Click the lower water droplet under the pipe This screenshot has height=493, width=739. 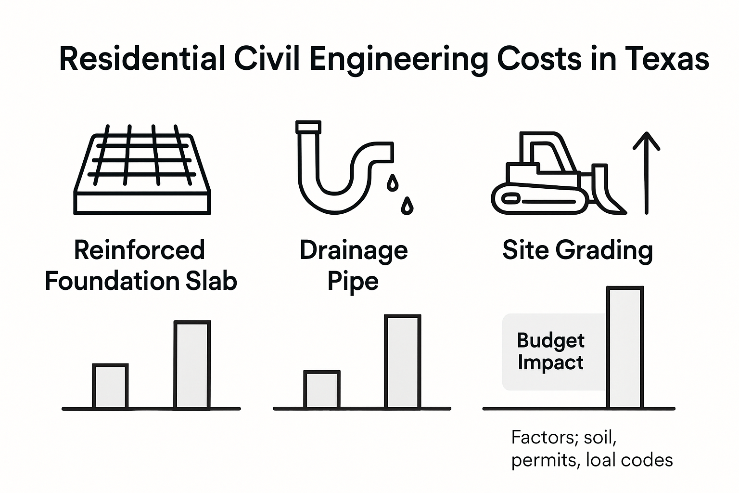[408, 206]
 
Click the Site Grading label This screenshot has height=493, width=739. [577, 250]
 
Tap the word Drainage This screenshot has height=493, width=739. [354, 250]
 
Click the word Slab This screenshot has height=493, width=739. [212, 281]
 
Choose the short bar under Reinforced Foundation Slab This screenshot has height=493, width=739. [110, 387]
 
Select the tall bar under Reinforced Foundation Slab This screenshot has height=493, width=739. [192, 365]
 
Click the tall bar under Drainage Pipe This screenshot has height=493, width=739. [403, 362]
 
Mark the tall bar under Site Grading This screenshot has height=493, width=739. [625, 348]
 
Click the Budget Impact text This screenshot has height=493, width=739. [550, 351]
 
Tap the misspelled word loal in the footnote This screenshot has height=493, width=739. [601, 460]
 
